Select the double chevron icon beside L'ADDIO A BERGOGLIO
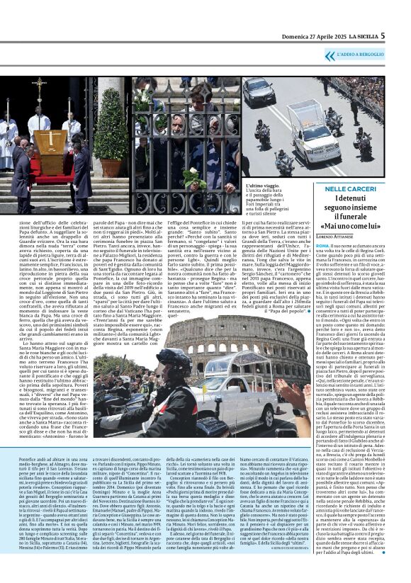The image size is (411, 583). tap(330, 55)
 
